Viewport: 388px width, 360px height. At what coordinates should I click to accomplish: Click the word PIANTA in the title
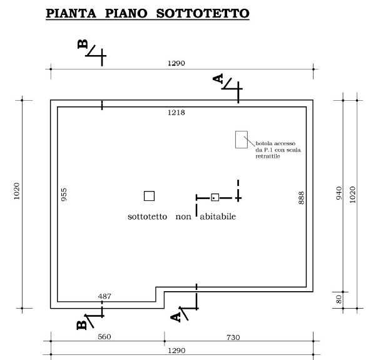point(71,13)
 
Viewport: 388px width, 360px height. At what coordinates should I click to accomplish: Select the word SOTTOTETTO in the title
point(203,13)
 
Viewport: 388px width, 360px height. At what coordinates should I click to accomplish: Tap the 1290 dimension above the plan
point(176,63)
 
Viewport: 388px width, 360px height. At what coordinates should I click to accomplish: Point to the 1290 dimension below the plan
point(176,351)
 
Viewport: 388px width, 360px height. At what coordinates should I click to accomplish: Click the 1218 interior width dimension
point(176,113)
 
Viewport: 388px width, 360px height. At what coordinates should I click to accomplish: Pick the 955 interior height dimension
point(64,195)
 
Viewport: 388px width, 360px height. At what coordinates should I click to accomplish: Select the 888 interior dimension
point(301,198)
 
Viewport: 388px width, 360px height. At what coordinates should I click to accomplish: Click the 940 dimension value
point(339,193)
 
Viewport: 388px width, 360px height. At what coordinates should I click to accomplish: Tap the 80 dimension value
point(339,299)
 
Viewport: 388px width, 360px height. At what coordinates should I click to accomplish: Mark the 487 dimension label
point(105,296)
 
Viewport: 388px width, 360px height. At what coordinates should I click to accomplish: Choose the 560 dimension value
point(105,337)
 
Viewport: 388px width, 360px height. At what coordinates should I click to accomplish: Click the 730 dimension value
point(233,337)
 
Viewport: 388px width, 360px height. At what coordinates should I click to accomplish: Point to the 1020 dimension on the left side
point(16,191)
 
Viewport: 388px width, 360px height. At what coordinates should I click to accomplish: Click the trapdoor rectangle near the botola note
point(242,140)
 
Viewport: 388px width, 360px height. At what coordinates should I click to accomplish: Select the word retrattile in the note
point(268,157)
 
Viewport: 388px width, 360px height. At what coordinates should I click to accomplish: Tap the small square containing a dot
point(215,197)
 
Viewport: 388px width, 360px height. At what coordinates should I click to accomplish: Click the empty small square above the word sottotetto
point(149,196)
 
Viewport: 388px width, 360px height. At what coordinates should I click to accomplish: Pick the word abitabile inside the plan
point(218,217)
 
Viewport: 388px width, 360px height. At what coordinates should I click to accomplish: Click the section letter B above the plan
point(83,44)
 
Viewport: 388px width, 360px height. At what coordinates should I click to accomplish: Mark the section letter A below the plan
point(175,317)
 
